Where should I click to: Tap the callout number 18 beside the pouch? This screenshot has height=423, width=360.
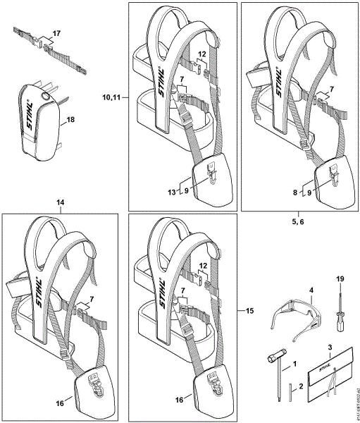pos(70,121)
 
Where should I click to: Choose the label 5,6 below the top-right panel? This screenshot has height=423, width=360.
pos(299,219)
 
